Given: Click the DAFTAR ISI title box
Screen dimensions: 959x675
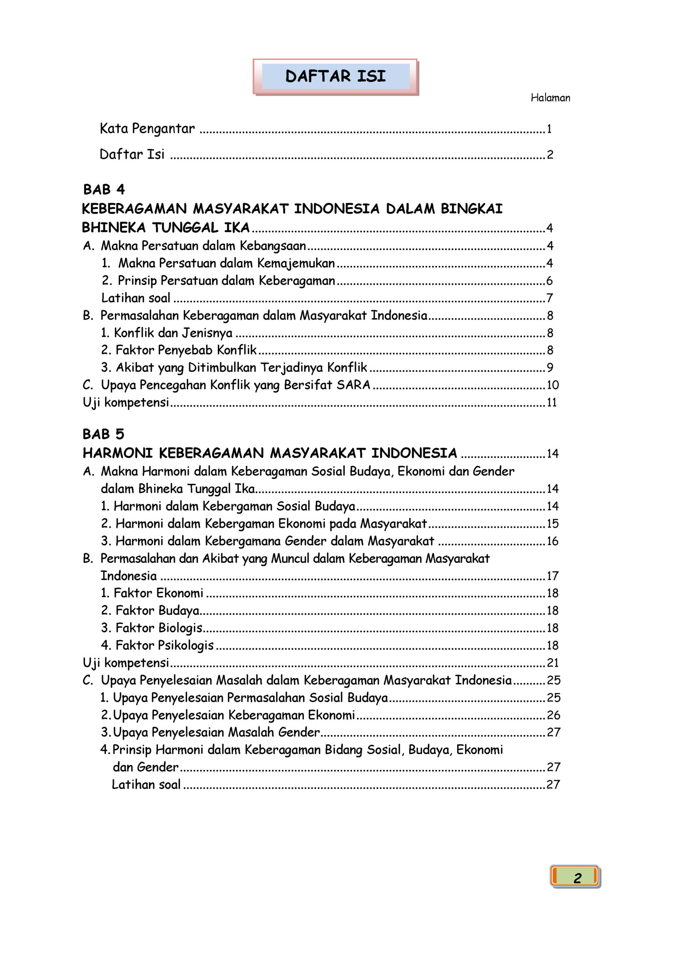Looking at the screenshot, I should (336, 77).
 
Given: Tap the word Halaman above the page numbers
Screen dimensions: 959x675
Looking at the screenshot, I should (550, 98).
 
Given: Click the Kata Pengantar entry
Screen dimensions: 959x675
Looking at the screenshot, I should (147, 129).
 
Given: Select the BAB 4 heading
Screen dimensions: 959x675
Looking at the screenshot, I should (104, 190).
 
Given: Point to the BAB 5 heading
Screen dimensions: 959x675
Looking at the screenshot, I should (104, 434).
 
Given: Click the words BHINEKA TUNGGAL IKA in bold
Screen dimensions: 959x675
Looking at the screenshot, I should (166, 228).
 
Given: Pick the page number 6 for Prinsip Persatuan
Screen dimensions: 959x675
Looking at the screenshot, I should (549, 281).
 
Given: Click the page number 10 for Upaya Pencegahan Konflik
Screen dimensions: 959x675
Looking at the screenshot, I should (553, 385).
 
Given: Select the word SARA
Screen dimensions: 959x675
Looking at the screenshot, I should (354, 385).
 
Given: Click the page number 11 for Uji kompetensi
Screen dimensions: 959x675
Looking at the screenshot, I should (552, 402).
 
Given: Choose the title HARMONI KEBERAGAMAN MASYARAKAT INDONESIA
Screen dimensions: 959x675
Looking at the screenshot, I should (270, 453).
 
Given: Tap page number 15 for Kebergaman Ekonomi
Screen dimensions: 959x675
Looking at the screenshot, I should (553, 523).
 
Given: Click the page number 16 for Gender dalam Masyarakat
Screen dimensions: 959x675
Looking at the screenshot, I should (553, 541).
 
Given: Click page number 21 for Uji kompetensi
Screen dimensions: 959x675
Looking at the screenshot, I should (553, 663).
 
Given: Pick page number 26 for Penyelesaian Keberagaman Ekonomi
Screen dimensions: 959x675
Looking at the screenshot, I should (554, 715).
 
